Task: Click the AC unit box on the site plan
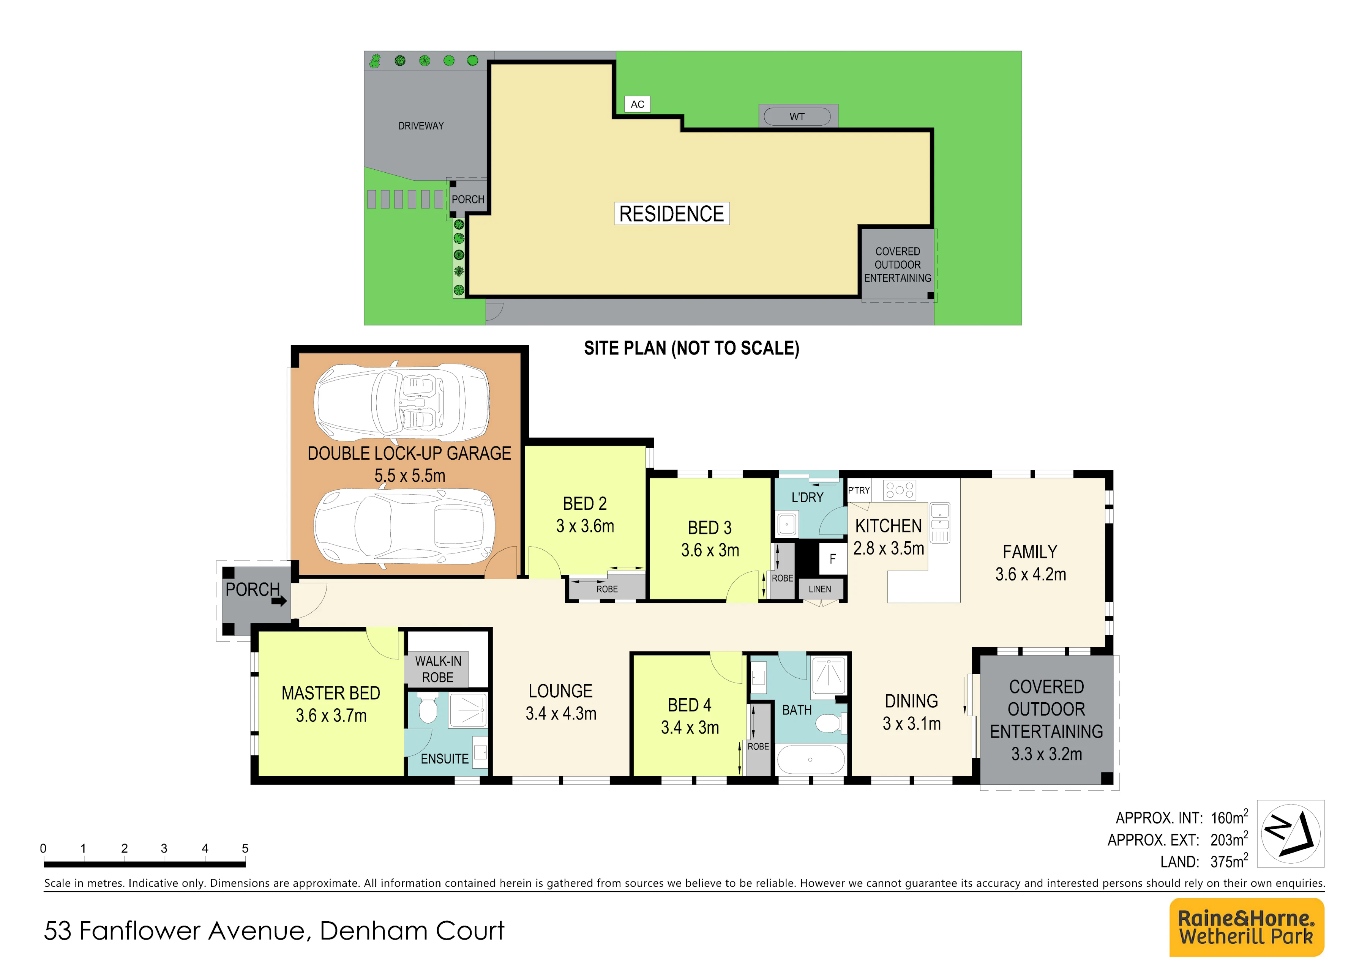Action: [x=637, y=104]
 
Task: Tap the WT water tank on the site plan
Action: [x=798, y=116]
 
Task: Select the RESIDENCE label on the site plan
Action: [x=672, y=213]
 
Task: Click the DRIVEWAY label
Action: [x=421, y=126]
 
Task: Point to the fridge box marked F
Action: [x=832, y=559]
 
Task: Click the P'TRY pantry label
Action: [x=859, y=490]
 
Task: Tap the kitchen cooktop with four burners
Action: [x=900, y=490]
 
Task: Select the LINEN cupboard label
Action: [x=820, y=589]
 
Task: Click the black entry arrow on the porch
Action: [x=279, y=601]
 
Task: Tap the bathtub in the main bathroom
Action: [x=810, y=759]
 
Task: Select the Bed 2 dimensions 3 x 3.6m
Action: [x=586, y=526]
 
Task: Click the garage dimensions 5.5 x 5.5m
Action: [x=410, y=476]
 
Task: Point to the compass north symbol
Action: [x=1291, y=834]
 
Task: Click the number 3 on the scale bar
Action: [x=164, y=848]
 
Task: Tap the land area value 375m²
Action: [x=1229, y=861]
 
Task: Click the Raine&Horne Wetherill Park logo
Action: [x=1247, y=927]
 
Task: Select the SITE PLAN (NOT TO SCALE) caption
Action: [x=691, y=348]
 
